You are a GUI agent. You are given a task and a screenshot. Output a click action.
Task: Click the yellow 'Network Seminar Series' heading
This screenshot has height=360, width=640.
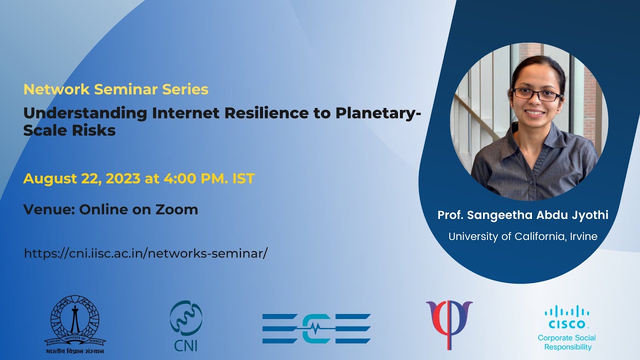tap(115, 89)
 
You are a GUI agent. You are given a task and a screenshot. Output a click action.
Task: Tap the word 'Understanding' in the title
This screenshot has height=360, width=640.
tap(85, 113)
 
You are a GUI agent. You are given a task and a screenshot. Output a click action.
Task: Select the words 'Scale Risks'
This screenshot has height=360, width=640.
tap(69, 130)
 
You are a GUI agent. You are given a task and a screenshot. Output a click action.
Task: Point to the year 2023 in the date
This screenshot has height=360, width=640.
tap(123, 178)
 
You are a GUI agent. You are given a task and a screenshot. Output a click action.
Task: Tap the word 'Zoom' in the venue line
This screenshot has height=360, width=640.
tap(176, 209)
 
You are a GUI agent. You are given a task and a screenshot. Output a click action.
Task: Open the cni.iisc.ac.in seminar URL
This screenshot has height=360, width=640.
tap(146, 253)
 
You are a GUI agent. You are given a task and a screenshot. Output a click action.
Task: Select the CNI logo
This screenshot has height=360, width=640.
tap(186, 325)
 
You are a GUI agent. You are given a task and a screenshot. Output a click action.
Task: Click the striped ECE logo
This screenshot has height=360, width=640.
tap(316, 328)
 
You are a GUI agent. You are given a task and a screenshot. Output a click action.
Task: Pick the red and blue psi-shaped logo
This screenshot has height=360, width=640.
tap(449, 325)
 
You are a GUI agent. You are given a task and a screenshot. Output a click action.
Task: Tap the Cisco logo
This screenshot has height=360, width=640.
tap(567, 317)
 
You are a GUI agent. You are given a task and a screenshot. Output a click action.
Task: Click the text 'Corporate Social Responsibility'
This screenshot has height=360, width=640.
tap(567, 342)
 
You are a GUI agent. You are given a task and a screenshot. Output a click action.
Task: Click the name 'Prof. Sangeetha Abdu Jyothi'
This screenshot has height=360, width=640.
tap(523, 215)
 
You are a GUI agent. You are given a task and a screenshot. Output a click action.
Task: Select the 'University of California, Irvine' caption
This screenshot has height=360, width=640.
tap(523, 236)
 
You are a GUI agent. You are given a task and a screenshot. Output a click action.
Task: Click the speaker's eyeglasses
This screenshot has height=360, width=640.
tap(537, 94)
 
